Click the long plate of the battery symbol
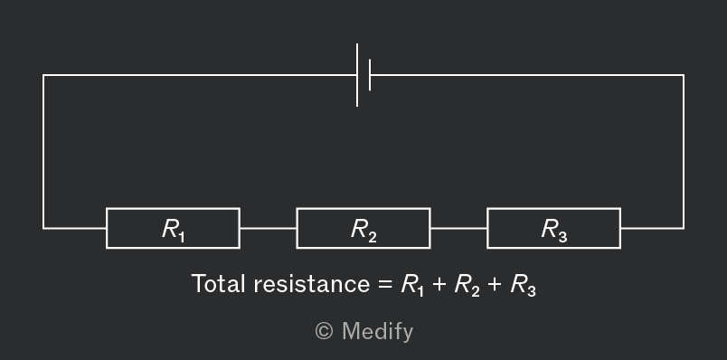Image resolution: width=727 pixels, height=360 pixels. point(357,75)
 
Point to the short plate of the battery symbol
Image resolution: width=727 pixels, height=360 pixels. point(370,75)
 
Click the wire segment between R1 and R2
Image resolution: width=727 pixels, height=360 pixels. point(268,228)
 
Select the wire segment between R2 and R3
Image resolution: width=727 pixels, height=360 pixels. point(458,228)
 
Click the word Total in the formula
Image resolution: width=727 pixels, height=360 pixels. point(218,283)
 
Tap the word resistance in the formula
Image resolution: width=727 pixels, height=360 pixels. point(312,284)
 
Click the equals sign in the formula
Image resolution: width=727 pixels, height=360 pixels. point(385,284)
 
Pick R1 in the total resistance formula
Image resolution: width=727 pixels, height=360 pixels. point(412,285)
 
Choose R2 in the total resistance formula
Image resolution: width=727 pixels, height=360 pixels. point(467,285)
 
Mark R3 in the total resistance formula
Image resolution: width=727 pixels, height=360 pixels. point(523,285)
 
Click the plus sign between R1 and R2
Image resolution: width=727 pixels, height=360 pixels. point(439,284)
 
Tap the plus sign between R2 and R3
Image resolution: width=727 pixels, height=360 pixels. point(495,284)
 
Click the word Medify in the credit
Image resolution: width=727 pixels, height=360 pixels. point(377,332)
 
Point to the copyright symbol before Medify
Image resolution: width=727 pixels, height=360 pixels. point(324,331)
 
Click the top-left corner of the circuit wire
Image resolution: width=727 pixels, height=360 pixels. point(43,75)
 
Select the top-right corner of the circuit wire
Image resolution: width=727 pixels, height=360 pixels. point(684,75)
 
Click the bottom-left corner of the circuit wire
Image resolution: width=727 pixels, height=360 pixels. point(43,228)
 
